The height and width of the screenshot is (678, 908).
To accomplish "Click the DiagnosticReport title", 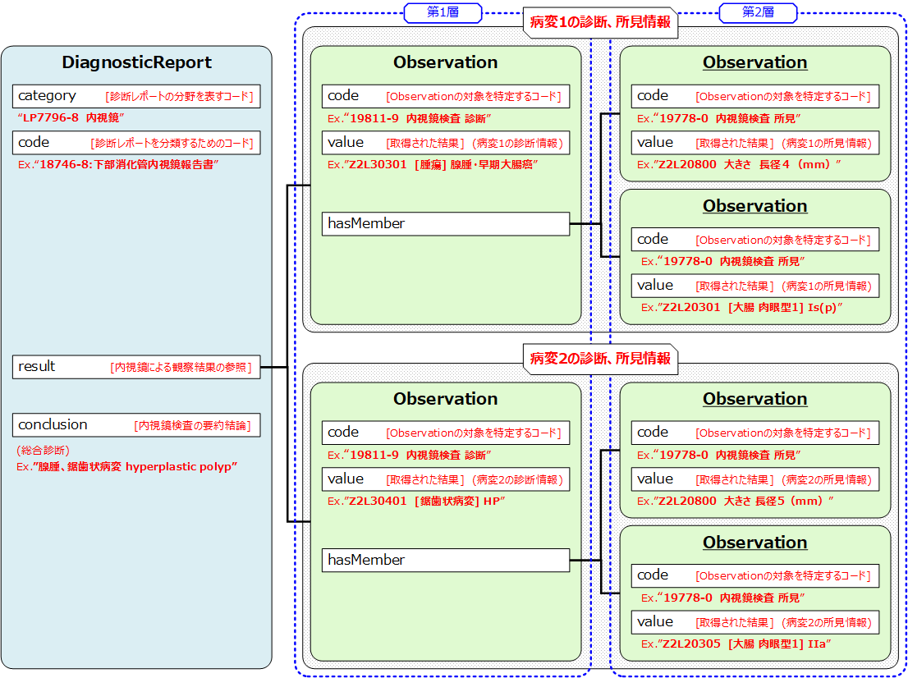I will click(137, 62).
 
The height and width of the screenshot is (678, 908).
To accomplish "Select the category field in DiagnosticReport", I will click(137, 96).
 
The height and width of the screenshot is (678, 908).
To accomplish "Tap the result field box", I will click(137, 367).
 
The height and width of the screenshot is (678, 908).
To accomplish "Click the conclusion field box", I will click(137, 425).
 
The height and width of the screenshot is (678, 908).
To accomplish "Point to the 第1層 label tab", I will click(443, 11).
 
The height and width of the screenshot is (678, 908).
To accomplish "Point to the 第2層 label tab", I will click(757, 11).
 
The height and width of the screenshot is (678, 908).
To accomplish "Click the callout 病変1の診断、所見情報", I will click(600, 22).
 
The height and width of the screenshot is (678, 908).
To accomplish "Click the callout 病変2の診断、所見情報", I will click(600, 358).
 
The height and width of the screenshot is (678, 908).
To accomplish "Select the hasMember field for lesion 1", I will click(445, 223).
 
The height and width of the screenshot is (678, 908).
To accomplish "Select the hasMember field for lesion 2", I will click(445, 560).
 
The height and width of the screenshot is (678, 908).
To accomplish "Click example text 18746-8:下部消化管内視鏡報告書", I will click(118, 164).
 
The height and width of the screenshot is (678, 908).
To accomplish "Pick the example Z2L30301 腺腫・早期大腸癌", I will click(432, 164).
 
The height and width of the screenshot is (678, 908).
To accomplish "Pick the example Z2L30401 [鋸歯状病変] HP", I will click(415, 501).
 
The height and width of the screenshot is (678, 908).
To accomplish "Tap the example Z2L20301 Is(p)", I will click(742, 307).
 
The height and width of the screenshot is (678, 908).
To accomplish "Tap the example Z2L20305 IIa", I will click(736, 644).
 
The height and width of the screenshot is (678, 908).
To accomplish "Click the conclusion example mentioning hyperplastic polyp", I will click(127, 466).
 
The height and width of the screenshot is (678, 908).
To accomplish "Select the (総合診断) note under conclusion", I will click(43, 451).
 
